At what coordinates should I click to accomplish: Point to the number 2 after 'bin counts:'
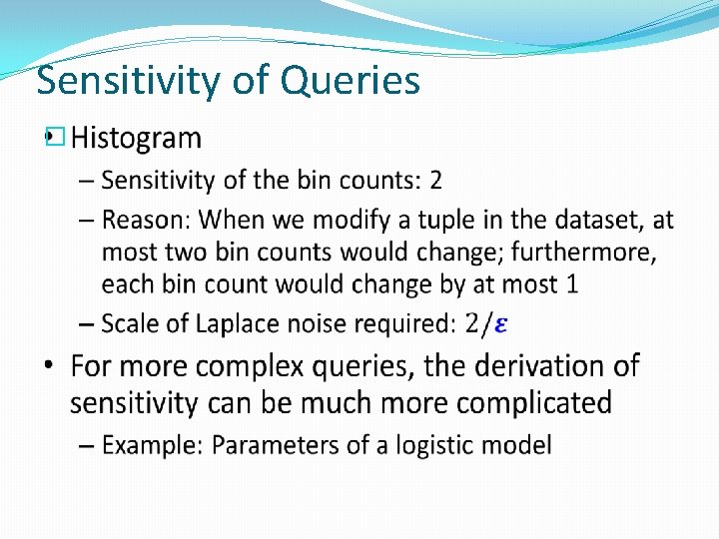[435, 181]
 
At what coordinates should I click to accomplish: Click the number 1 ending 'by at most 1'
[571, 284]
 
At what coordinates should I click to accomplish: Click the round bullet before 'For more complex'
[51, 368]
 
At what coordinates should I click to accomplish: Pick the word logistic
[436, 444]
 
